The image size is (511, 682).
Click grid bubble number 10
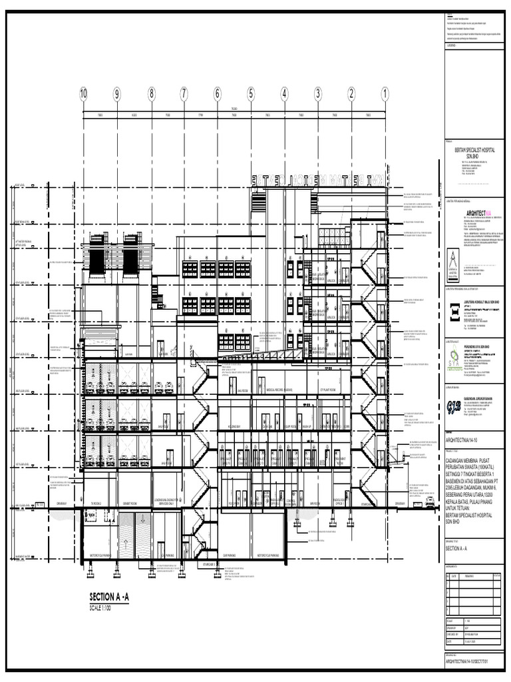pos(83,94)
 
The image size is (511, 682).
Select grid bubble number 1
pos(385,94)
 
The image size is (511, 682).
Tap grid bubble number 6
pos(218,94)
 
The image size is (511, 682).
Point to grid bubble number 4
pos(285,94)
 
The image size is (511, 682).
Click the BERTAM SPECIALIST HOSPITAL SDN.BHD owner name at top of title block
pos(474,153)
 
